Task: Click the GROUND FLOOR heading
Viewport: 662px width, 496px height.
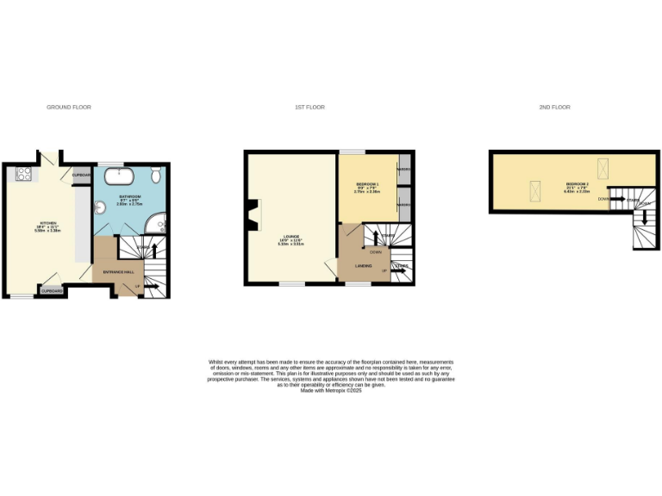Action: tap(69, 108)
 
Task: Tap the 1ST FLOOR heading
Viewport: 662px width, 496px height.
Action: tap(309, 108)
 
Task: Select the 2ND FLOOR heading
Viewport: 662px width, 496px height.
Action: tap(555, 108)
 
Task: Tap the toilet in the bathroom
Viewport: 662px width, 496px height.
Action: tap(154, 176)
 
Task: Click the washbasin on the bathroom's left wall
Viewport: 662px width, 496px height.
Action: tap(98, 209)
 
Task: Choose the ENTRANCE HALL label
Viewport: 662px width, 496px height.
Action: tap(118, 272)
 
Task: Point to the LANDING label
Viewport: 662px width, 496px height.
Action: tap(364, 266)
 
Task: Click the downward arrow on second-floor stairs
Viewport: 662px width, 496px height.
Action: tap(644, 219)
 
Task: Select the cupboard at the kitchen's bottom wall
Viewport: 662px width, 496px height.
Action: tap(51, 291)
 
